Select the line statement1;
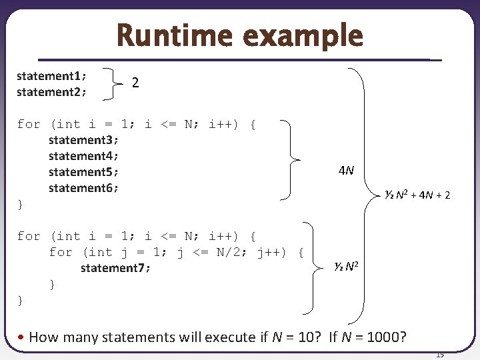pos(51,76)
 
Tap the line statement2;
pos(51,92)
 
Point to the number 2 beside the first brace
pos(135,83)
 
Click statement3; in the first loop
pos(83,140)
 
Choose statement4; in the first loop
pos(83,156)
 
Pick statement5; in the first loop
pos(83,172)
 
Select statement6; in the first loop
pos(83,188)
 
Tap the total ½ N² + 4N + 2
pos(417,195)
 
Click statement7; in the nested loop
pos(115,268)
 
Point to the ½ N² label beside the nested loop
pos(347,267)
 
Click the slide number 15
pos(440,355)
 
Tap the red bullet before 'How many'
pos(22,337)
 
